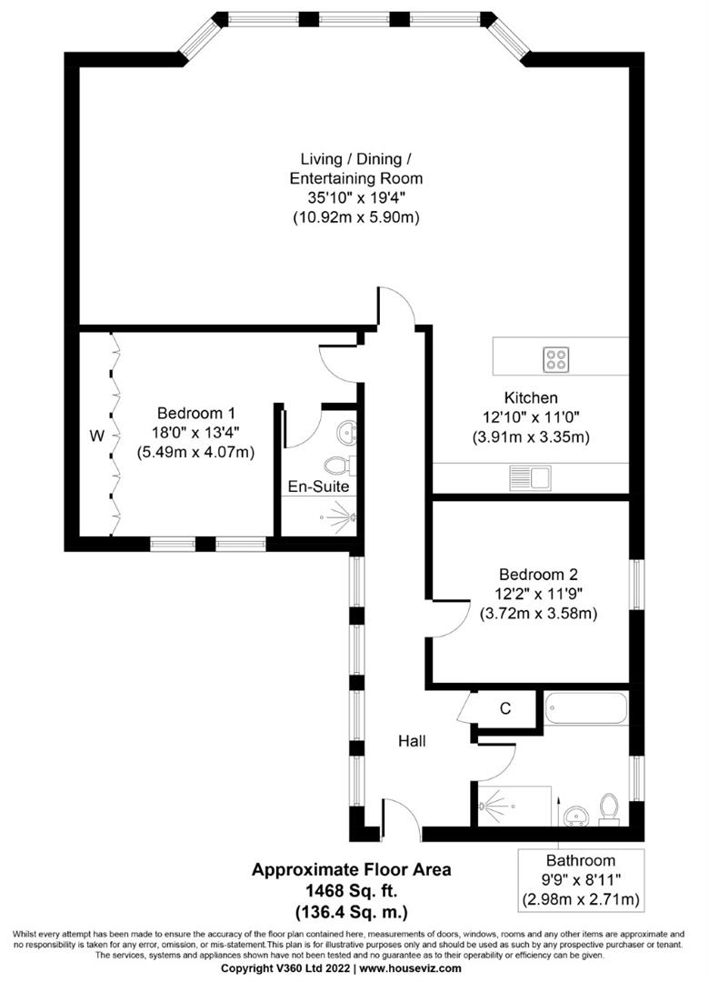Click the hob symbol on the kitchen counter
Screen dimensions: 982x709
click(556, 359)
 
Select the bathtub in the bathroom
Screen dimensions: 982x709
click(585, 708)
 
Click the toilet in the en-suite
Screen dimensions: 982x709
click(339, 466)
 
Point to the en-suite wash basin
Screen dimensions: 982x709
click(346, 431)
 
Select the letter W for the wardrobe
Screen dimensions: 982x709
click(96, 436)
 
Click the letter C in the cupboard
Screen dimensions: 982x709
click(505, 707)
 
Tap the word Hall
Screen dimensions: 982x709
click(412, 741)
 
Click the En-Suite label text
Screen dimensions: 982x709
click(318, 487)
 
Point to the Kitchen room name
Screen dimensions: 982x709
click(531, 397)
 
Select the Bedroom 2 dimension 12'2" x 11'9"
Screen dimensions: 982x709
click(538, 594)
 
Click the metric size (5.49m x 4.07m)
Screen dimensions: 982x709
click(195, 452)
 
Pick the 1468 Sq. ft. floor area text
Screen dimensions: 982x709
click(350, 890)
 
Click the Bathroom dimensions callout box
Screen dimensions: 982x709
click(580, 880)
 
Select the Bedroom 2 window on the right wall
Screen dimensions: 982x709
click(637, 585)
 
